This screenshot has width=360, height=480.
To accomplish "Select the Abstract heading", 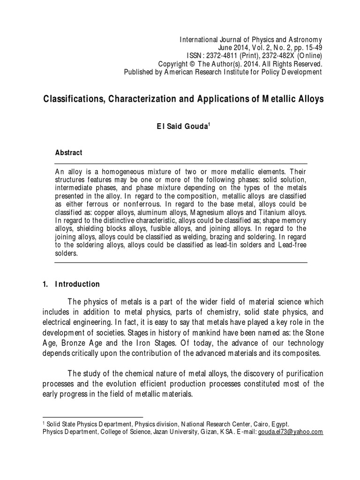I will pyautogui.click(x=69, y=153).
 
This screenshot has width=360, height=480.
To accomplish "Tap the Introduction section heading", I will pyautogui.click(x=77, y=284).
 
